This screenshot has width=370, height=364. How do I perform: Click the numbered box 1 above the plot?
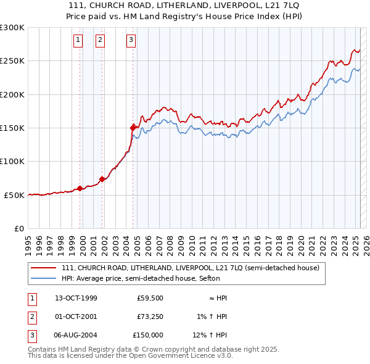point(79,41)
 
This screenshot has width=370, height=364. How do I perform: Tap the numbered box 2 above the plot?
point(100,41)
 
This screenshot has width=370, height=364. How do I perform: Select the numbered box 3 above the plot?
point(131,41)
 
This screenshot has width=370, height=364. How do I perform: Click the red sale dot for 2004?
point(133,128)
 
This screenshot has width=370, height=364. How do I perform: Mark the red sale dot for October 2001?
point(102,179)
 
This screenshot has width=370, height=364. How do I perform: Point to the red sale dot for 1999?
point(80,188)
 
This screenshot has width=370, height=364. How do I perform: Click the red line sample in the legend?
point(43,268)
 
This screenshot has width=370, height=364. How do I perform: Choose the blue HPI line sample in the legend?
point(43,278)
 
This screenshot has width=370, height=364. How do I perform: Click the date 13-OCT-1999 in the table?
point(76,298)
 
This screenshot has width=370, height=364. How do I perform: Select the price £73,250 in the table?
point(149,316)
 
